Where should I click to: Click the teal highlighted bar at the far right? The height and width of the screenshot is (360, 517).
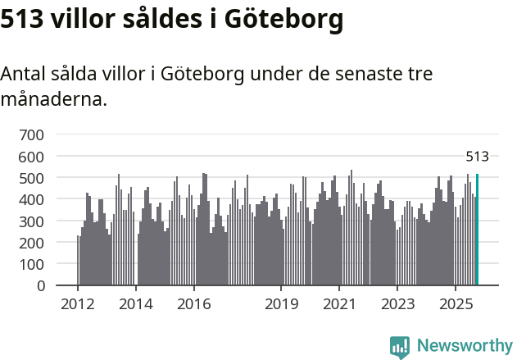tap(478, 230)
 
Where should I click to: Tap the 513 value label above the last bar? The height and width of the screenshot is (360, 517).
tap(477, 157)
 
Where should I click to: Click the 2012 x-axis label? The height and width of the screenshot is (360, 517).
tap(78, 304)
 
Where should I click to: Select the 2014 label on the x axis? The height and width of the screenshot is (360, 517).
tap(136, 304)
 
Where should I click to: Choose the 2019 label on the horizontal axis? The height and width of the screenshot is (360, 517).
tap(281, 304)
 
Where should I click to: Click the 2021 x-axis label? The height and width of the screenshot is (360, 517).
tap(339, 304)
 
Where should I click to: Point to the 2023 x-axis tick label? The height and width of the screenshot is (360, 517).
tap(397, 304)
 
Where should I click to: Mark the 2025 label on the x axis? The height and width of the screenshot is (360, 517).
tap(456, 304)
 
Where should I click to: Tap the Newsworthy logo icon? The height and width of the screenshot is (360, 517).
tap(400, 347)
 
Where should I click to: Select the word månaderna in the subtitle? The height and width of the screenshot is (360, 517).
tap(53, 100)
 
